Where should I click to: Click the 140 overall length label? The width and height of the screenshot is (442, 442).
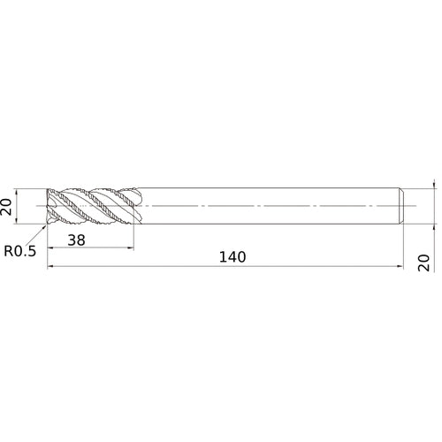(x=232, y=257)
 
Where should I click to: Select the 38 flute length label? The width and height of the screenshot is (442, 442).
(x=76, y=240)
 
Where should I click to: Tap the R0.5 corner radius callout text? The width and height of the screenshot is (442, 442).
(x=20, y=251)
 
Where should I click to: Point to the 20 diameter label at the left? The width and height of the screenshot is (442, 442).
(x=6, y=207)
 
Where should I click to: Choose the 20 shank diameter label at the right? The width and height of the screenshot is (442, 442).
(x=423, y=263)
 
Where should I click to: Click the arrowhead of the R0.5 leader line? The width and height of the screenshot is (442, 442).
(x=44, y=228)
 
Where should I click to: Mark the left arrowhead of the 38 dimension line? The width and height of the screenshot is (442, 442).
(x=50, y=248)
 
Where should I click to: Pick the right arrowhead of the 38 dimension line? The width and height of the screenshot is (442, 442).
(x=131, y=248)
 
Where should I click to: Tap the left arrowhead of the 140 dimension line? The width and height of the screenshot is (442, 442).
(x=50, y=266)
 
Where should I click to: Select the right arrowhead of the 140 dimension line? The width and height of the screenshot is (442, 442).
(x=400, y=266)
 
